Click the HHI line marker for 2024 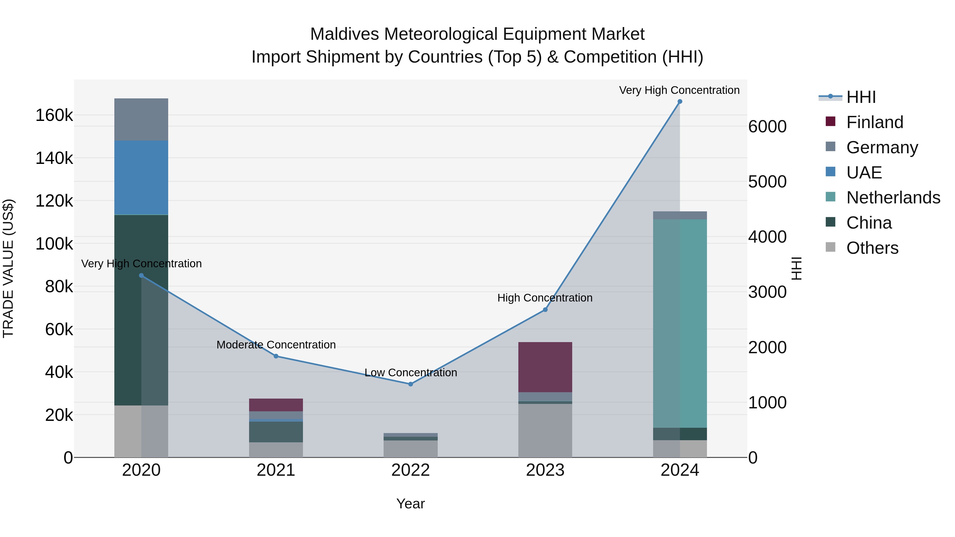[x=680, y=102]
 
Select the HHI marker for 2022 [x=410, y=384]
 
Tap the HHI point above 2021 [x=276, y=356]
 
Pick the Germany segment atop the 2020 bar [x=141, y=119]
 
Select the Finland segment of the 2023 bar [x=545, y=367]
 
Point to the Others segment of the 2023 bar [x=545, y=430]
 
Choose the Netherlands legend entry [x=893, y=198]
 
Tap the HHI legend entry [x=861, y=97]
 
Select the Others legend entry [x=872, y=248]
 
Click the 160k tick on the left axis [x=54, y=115]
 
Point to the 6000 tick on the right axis [x=767, y=127]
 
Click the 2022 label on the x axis [x=410, y=470]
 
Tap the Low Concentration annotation [x=410, y=373]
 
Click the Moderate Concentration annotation [x=276, y=345]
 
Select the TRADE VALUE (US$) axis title [x=8, y=268]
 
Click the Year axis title [x=410, y=504]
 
